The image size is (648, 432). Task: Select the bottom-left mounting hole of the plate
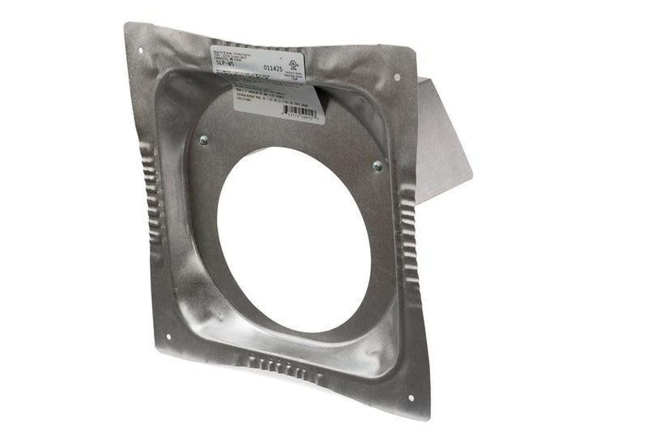click(168, 336)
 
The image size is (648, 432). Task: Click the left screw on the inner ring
click(204, 140)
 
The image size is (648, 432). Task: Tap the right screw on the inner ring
click(377, 166)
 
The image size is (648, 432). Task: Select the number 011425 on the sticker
click(273, 69)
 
